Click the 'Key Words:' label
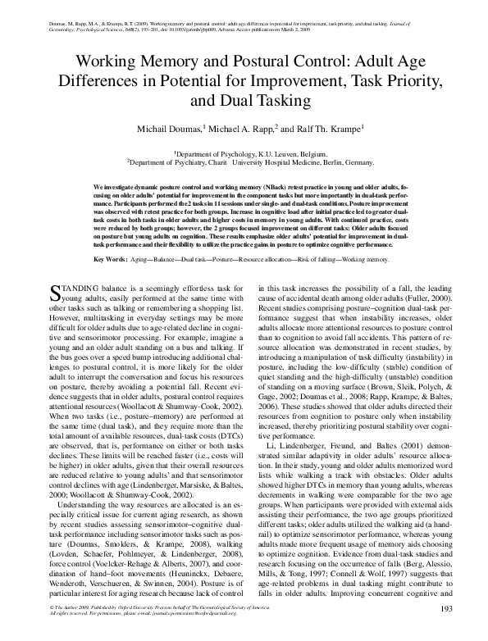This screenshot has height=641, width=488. point(111,235)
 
